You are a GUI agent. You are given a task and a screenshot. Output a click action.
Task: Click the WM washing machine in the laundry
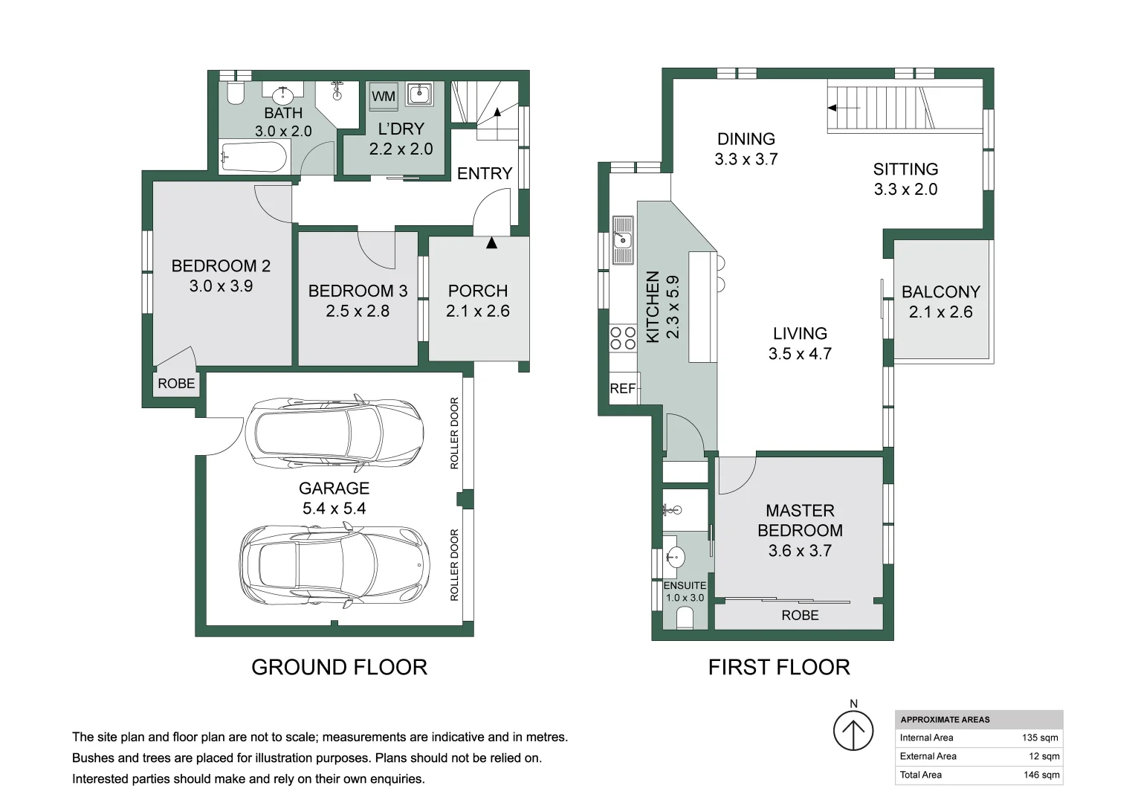[383, 96]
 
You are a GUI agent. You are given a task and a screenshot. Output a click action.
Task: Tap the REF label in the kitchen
[622, 388]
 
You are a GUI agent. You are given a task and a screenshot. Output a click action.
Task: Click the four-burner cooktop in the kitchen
[623, 338]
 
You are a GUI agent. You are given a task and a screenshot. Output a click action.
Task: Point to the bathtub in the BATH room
[254, 157]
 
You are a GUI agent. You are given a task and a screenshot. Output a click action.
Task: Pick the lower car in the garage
[334, 565]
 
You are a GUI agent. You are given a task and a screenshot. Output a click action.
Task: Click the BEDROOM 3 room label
[358, 291]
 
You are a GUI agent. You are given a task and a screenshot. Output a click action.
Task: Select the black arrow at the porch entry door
[491, 243]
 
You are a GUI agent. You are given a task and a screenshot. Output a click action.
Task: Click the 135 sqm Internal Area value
[1040, 738]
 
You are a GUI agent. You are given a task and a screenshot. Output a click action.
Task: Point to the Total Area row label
[921, 775]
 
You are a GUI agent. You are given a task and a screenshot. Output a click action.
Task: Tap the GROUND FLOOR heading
[340, 667]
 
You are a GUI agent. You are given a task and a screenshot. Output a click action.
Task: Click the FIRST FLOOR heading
[779, 667]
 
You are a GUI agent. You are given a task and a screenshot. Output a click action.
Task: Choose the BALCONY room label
[941, 291]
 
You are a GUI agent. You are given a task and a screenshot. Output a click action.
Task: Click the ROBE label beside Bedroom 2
[176, 383]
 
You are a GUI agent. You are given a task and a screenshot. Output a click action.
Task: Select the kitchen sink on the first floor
[623, 240]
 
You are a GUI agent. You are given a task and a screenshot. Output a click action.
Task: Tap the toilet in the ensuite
[685, 619]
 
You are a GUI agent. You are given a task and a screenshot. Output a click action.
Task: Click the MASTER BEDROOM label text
[800, 520]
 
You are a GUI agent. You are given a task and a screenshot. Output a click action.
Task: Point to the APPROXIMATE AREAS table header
[945, 720]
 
